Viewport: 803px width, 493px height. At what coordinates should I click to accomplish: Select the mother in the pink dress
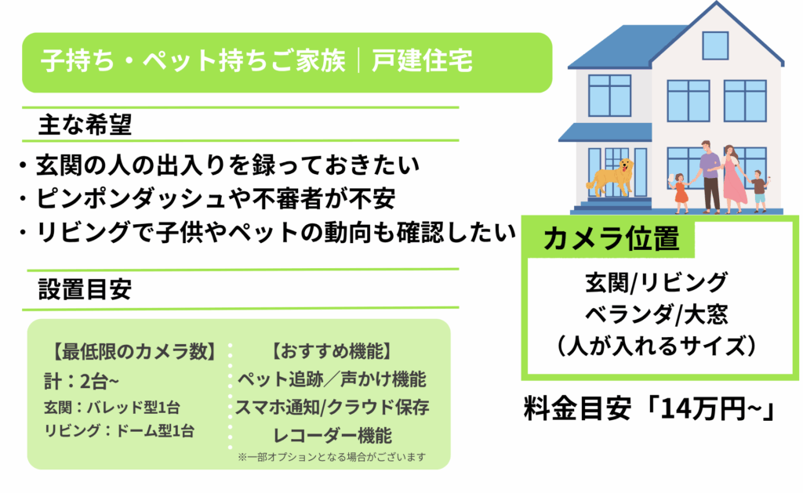pyautogui.click(x=733, y=179)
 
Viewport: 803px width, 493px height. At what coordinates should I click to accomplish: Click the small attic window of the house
pyautogui.click(x=715, y=45)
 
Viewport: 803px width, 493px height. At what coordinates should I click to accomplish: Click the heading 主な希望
pyautogui.click(x=85, y=125)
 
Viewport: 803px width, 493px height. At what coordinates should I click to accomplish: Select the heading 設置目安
pyautogui.click(x=85, y=289)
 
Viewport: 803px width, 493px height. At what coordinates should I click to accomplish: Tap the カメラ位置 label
pyautogui.click(x=611, y=238)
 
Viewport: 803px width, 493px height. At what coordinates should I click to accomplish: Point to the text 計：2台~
pyautogui.click(x=82, y=382)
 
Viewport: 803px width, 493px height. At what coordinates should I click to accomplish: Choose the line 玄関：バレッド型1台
pyautogui.click(x=112, y=408)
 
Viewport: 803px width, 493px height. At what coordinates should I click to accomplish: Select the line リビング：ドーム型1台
pyautogui.click(x=119, y=431)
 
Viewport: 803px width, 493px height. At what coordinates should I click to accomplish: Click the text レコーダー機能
pyautogui.click(x=332, y=436)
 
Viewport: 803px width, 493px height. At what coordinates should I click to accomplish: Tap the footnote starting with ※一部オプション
pyautogui.click(x=332, y=457)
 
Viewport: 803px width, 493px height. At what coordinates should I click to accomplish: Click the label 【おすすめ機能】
pyautogui.click(x=332, y=352)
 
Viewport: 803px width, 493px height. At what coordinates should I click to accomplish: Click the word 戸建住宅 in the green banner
pyautogui.click(x=422, y=61)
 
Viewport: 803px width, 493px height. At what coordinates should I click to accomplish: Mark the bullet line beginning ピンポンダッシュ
pyautogui.click(x=207, y=198)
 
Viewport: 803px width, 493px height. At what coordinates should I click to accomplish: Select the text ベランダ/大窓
pyautogui.click(x=656, y=314)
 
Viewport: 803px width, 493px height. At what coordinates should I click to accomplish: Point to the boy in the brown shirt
pyautogui.click(x=759, y=191)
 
